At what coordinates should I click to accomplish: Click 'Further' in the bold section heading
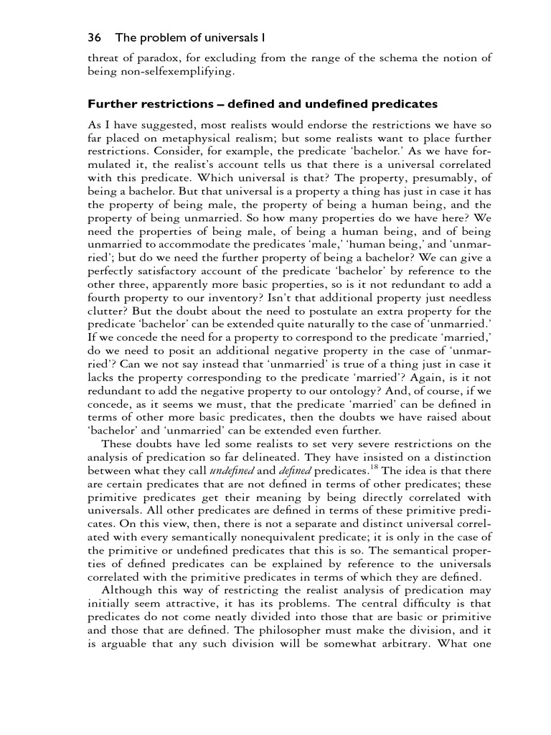tap(111, 105)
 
